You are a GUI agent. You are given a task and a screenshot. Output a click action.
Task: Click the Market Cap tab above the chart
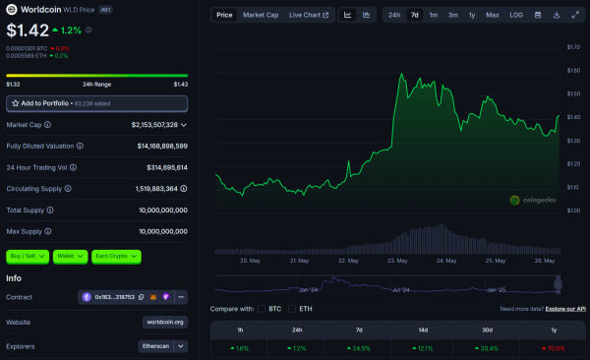click(261, 15)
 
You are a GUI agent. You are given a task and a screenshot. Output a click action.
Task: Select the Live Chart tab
click(309, 15)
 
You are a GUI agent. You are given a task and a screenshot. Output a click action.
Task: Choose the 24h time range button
click(393, 15)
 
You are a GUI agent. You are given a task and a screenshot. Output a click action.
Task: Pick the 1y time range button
click(472, 15)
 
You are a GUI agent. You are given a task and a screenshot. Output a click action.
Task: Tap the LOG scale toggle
click(516, 15)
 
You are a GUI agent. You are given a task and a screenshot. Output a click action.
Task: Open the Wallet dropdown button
click(70, 257)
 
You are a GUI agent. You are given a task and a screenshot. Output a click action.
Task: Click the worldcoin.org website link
click(164, 322)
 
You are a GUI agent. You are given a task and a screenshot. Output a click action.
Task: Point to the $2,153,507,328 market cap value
click(154, 125)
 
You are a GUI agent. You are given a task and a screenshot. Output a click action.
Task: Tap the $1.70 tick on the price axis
click(572, 47)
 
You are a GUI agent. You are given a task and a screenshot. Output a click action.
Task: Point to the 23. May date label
click(398, 262)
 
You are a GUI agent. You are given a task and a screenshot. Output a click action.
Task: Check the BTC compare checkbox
click(261, 309)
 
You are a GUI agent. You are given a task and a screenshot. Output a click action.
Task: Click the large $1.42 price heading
click(27, 31)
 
